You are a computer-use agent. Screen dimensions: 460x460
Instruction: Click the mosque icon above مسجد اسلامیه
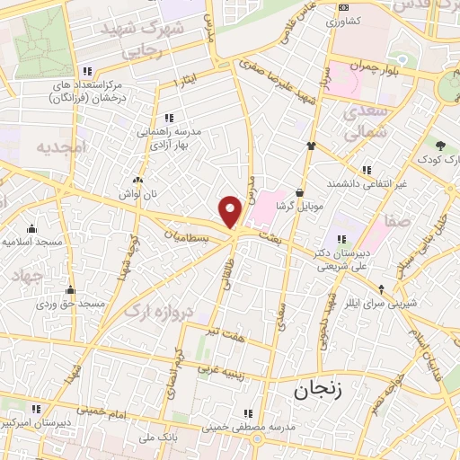(32, 228)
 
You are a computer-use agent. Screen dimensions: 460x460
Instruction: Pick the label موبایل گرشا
(298, 206)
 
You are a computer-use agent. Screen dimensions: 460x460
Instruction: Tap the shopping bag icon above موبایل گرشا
(299, 191)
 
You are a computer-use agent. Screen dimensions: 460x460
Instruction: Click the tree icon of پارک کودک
(440, 146)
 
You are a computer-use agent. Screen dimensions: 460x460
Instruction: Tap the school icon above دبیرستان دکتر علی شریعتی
(341, 239)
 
